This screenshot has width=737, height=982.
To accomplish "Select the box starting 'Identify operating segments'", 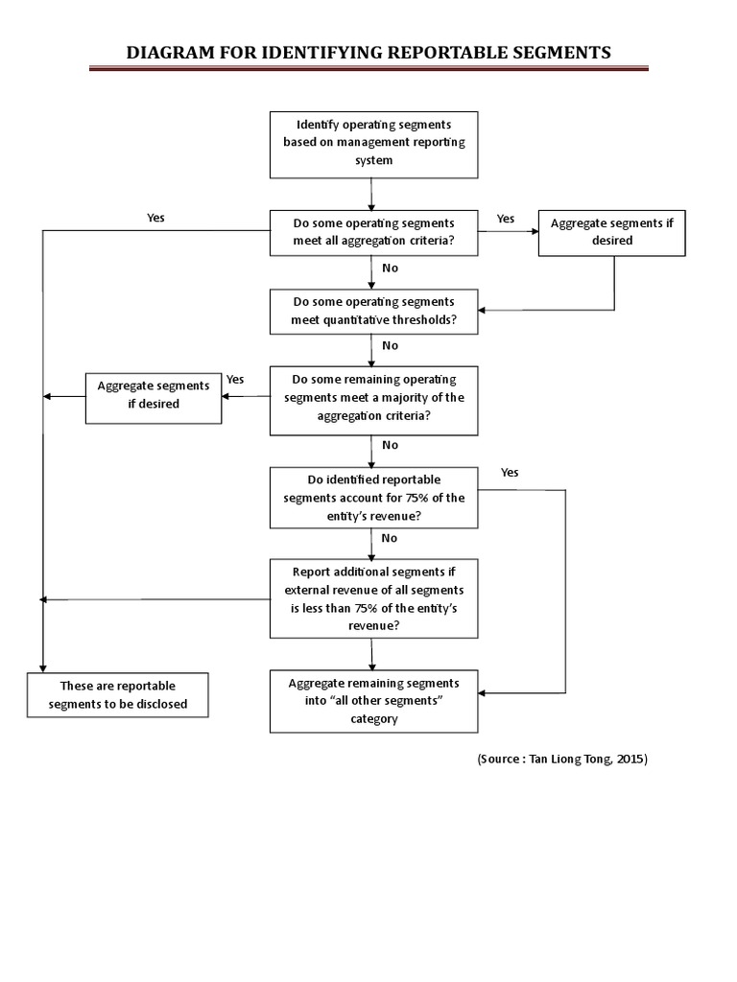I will [373, 144].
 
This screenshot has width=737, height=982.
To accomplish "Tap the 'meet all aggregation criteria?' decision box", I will [373, 233].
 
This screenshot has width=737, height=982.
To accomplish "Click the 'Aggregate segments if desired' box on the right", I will [611, 233].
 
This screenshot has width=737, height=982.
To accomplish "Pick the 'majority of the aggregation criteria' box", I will [373, 398].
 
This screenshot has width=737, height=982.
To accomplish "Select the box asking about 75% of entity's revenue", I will [373, 498].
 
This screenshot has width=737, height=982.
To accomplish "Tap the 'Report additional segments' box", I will [373, 599].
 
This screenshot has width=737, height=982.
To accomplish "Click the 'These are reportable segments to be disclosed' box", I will [118, 695].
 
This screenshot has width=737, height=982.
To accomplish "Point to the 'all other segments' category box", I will [373, 699].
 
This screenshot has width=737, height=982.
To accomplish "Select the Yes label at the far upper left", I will [155, 218].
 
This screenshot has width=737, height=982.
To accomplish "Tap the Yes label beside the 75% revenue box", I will [510, 473].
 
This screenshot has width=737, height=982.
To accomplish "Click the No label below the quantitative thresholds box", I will [390, 345].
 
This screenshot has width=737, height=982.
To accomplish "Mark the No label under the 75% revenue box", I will [390, 538].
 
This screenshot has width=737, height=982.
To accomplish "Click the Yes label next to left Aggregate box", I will [235, 380].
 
